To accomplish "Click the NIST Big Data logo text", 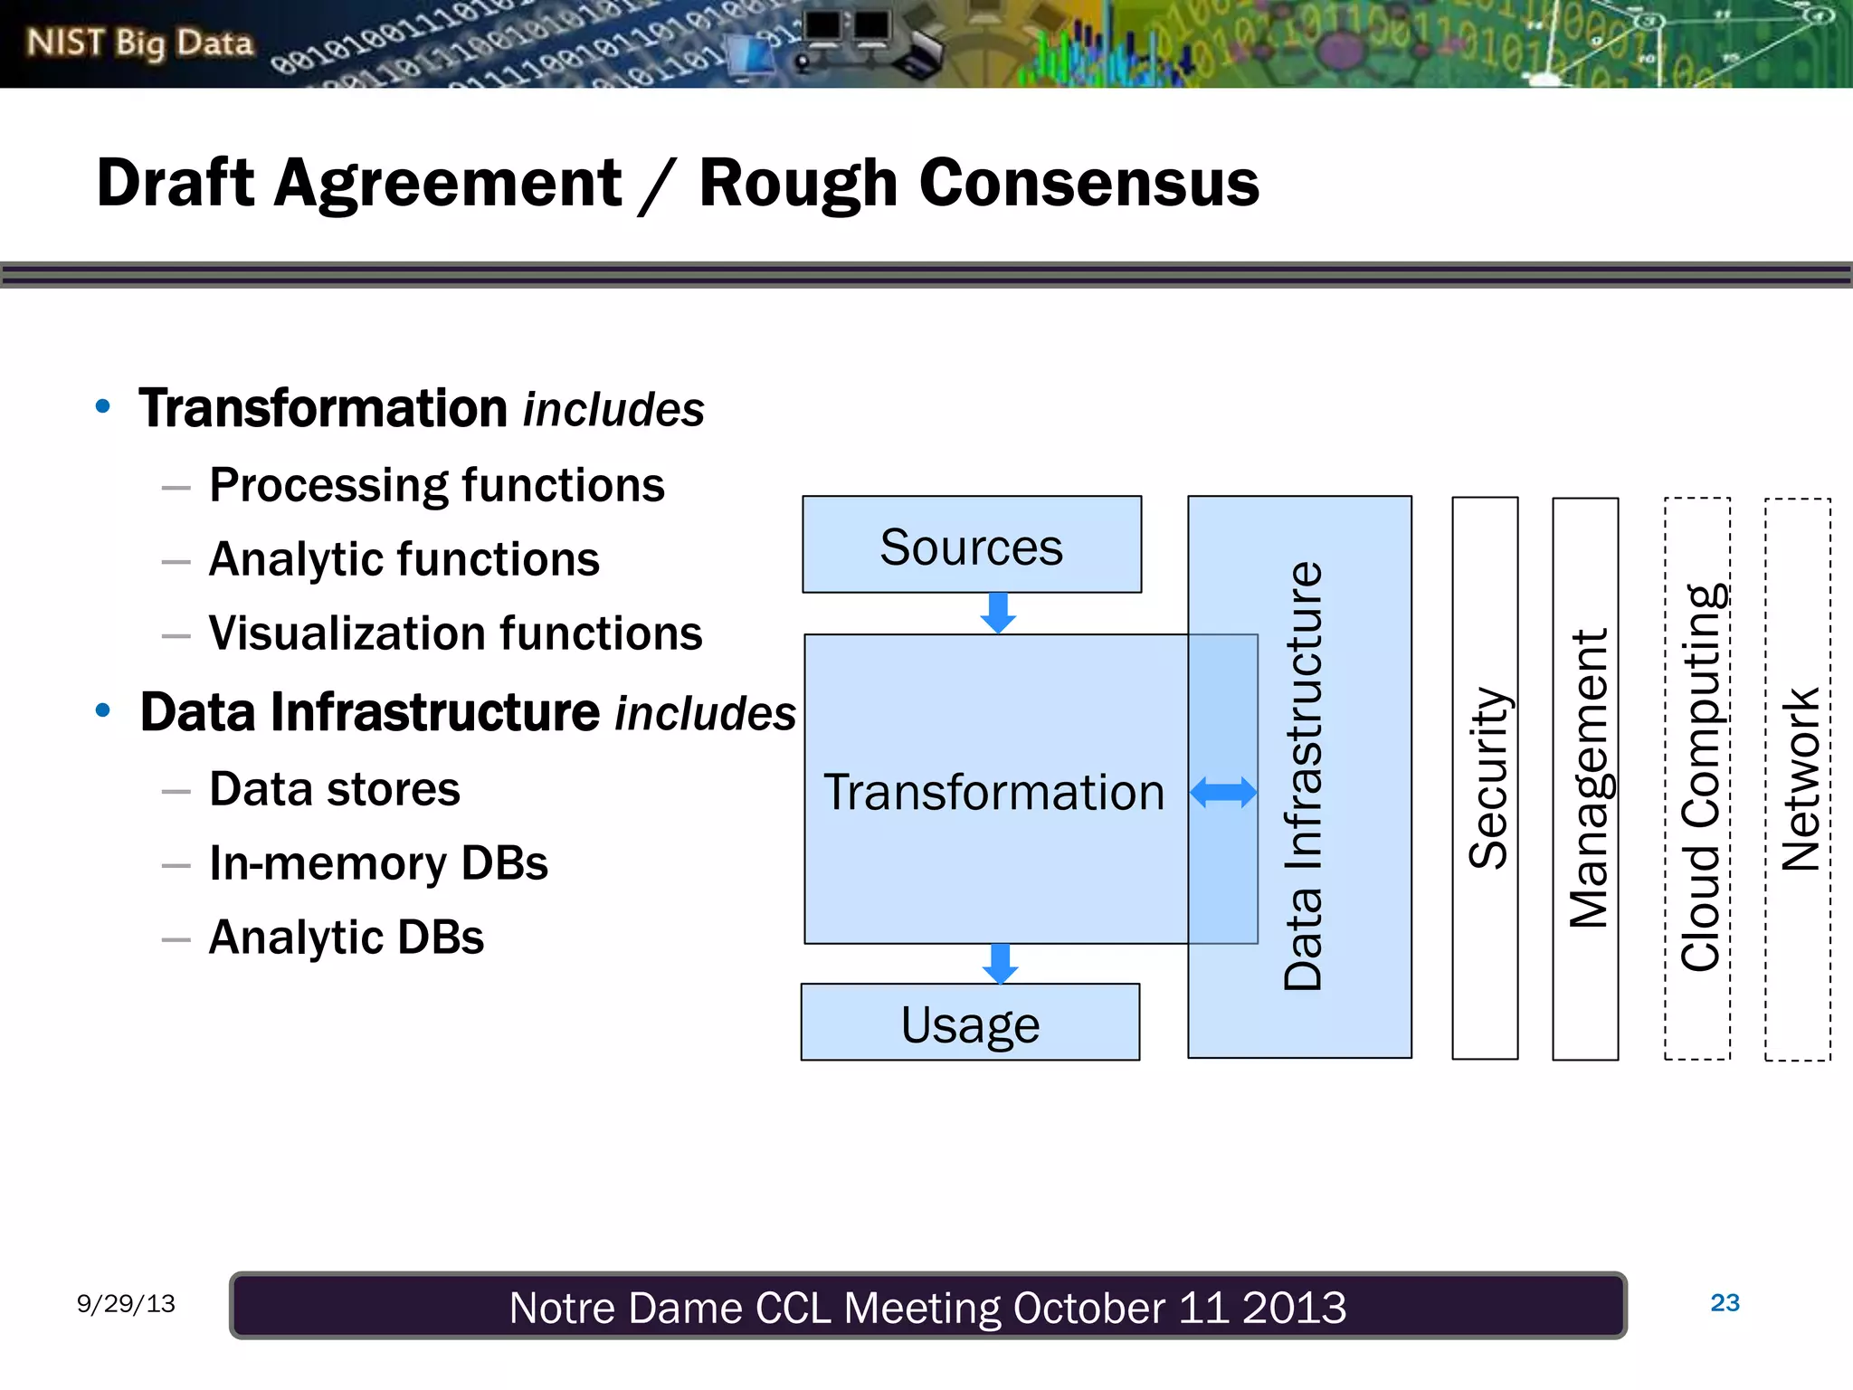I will [x=139, y=43].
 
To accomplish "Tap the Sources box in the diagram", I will [x=971, y=546].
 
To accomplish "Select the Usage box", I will [x=970, y=1023].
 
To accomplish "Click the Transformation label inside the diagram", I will [x=993, y=793].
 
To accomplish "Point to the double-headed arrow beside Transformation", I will [x=1223, y=793].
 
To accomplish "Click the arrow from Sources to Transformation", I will [x=998, y=614].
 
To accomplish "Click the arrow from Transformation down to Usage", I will [x=1000, y=964].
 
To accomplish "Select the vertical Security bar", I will [x=1485, y=778].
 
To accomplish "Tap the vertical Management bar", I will [x=1585, y=778].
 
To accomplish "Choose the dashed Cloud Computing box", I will [x=1697, y=778].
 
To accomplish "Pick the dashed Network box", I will [x=1798, y=778].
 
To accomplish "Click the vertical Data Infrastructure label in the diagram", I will [x=1303, y=776].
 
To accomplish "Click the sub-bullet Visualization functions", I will [x=455, y=633].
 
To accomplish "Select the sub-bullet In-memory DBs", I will [x=378, y=863].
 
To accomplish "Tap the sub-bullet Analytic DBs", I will [x=346, y=938].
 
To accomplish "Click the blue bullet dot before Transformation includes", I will [x=103, y=406].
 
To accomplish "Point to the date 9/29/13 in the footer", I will [x=126, y=1303].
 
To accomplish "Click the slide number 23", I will [x=1725, y=1303].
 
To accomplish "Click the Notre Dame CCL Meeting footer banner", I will [x=927, y=1307].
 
